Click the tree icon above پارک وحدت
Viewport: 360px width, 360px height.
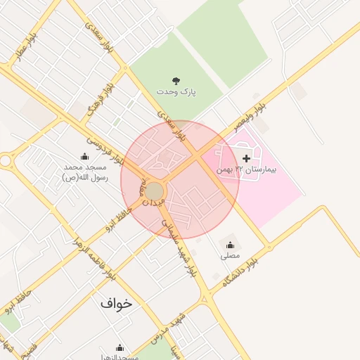(176, 81)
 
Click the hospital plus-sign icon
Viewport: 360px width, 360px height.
(246, 159)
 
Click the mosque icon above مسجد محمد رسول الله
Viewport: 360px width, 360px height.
(85, 157)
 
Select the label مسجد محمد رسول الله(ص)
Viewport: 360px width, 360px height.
(84, 172)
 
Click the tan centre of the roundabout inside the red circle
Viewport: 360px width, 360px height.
(155, 191)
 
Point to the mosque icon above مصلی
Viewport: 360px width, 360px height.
(230, 245)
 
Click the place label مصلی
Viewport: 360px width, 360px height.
(230, 257)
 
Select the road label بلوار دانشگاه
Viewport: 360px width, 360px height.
(240, 271)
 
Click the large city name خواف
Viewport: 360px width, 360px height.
(116, 304)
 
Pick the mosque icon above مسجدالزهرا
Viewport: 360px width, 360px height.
(120, 347)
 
